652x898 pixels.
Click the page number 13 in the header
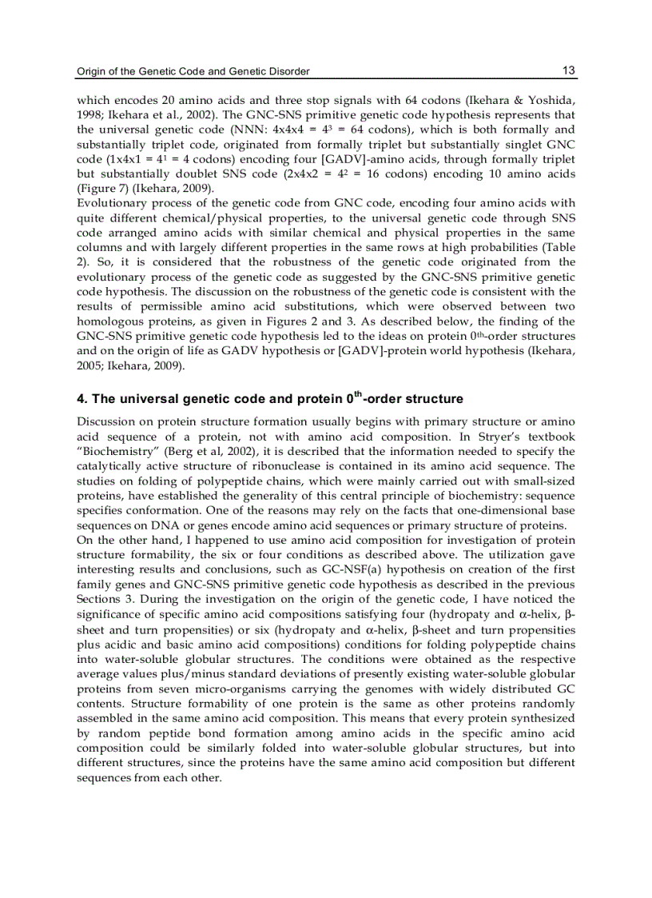568,71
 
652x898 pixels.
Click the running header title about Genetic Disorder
193,72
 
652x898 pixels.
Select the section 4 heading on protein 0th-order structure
269,398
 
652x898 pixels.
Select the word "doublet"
187,174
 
